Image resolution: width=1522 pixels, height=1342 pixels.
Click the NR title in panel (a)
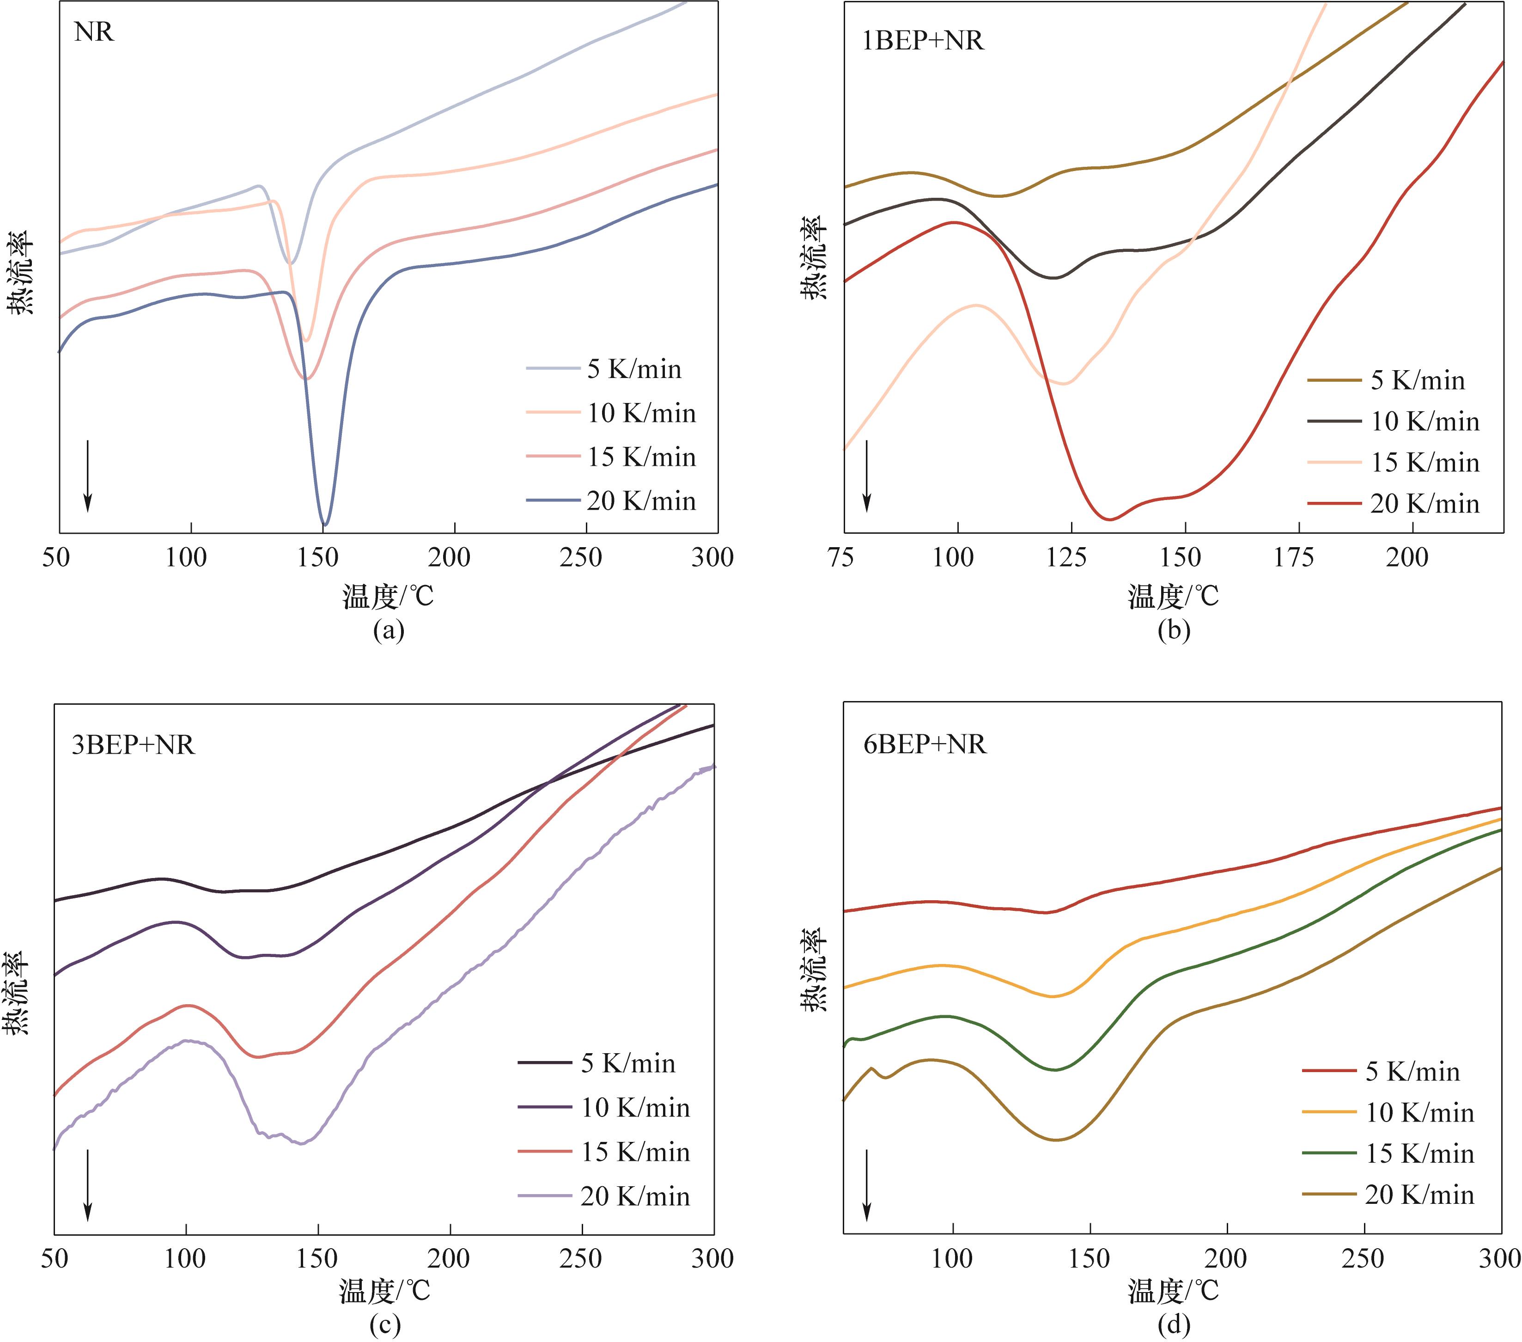[x=94, y=33]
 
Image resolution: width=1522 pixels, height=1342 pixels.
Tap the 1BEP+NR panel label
[x=923, y=40]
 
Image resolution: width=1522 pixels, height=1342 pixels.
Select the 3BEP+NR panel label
[x=133, y=745]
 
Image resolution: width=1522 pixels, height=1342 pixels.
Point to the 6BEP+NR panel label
[x=925, y=745]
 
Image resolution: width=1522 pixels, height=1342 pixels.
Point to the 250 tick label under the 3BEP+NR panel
[x=581, y=1259]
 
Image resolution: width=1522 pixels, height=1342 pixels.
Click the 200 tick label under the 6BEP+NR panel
[x=1226, y=1259]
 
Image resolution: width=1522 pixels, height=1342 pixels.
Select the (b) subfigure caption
[x=1174, y=630]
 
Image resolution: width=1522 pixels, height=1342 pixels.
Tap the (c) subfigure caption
[x=385, y=1324]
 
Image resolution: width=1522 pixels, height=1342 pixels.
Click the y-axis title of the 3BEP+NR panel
[x=16, y=993]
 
